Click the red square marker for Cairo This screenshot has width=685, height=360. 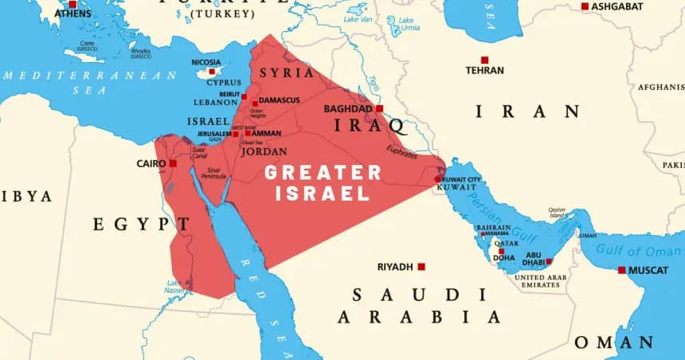(173, 163)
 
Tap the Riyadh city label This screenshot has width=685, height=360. (395, 267)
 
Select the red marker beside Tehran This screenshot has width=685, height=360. (484, 60)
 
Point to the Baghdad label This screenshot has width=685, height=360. (348, 108)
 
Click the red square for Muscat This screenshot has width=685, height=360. (621, 270)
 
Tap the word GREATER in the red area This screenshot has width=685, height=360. (323, 172)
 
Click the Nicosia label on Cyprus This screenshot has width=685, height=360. (206, 61)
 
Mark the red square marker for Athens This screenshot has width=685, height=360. (72, 5)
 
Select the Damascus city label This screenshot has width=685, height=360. (279, 100)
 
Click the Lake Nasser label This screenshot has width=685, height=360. (174, 287)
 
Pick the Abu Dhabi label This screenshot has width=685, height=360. (534, 259)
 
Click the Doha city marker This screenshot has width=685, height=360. (501, 251)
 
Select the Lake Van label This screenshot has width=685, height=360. (357, 18)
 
